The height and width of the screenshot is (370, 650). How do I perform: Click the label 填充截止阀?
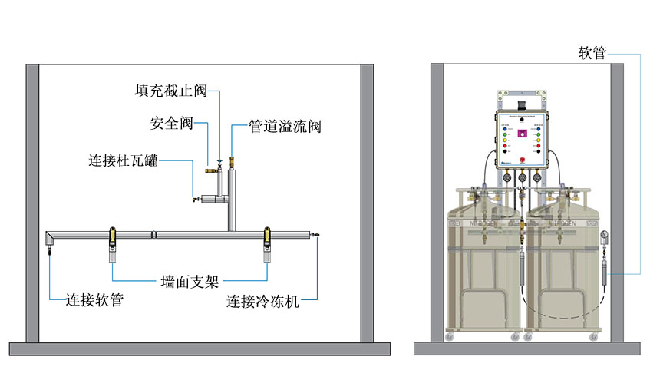coord(170,91)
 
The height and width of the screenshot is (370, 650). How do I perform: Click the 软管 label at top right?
coord(592,53)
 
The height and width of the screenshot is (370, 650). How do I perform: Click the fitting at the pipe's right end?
coord(315,233)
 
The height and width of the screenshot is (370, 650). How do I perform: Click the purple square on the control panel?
coord(521,134)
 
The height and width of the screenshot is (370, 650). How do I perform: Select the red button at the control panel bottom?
coord(521,160)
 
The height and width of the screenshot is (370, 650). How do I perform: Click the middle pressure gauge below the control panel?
coord(522,178)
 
